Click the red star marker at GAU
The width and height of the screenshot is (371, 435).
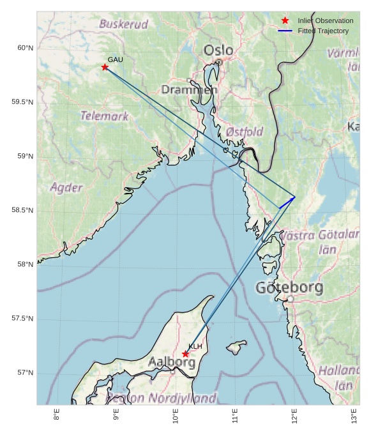105,67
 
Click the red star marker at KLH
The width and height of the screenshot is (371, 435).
186,354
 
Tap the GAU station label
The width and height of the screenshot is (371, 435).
115,59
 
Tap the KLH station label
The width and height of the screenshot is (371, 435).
195,346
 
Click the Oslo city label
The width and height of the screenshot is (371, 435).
218,50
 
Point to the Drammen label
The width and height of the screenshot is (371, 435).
189,90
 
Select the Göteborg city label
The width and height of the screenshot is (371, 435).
289,288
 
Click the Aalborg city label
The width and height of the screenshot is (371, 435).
172,362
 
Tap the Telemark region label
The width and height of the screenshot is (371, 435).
104,116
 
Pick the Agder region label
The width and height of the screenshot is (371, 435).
66,188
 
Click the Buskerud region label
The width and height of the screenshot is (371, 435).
123,24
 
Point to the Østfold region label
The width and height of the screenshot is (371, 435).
245,132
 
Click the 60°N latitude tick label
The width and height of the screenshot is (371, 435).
26,48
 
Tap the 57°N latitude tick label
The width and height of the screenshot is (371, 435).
26,372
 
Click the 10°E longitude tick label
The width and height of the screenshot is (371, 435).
176,416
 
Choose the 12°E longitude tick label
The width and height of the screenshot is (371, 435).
294,416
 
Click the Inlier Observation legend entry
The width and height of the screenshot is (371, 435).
325,20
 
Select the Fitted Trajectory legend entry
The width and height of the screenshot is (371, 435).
323,31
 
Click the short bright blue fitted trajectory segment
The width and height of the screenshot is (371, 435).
287,202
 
